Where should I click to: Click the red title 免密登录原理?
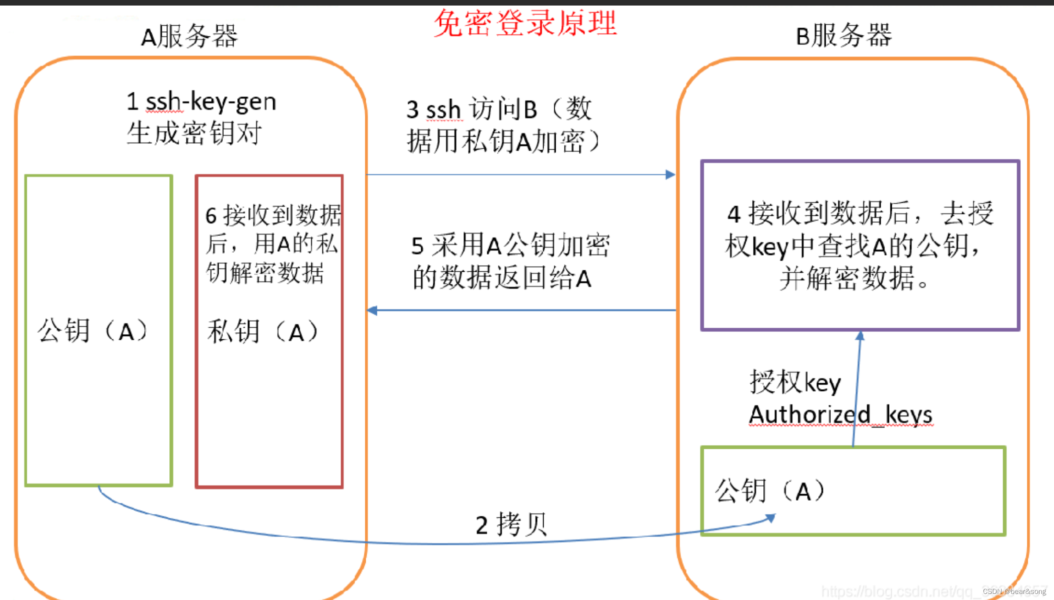coord(525,23)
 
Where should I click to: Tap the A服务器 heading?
coord(189,36)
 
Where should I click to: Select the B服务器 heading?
coord(843,35)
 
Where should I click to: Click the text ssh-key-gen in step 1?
coord(211,102)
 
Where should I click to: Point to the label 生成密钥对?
coord(194,134)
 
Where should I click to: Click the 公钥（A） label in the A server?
coord(93,331)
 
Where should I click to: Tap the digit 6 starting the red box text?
coord(211,216)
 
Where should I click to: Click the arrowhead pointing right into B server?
coord(670,175)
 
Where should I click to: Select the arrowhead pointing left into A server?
coord(373,311)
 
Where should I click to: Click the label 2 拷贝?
coord(511,525)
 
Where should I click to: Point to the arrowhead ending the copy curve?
coord(770,518)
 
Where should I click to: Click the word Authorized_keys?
coord(840,415)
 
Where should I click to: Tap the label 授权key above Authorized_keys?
coord(795,383)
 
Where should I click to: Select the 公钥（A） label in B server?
coord(770,491)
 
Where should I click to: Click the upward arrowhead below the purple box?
coord(860,336)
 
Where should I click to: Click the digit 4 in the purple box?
coord(734,214)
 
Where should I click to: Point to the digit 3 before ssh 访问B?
coord(413,110)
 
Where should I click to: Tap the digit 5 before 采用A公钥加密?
coord(417,246)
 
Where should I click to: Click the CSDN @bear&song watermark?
coord(1014,591)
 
